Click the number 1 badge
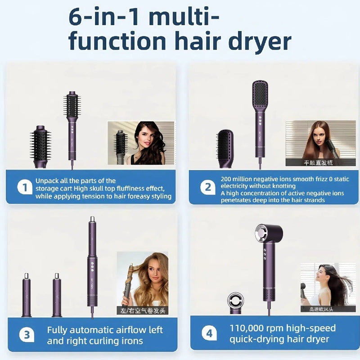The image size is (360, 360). point(25,187)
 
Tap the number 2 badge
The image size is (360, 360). point(207,187)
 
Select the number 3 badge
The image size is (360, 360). point(27,334)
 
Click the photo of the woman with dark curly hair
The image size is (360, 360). point(140,143)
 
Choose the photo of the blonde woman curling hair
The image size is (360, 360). point(143,279)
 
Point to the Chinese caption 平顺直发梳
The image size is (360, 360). point(318,162)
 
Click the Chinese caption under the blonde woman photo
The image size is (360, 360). point(143,310)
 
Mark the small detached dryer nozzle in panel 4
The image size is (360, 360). point(236,302)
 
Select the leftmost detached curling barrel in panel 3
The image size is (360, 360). point(27,294)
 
